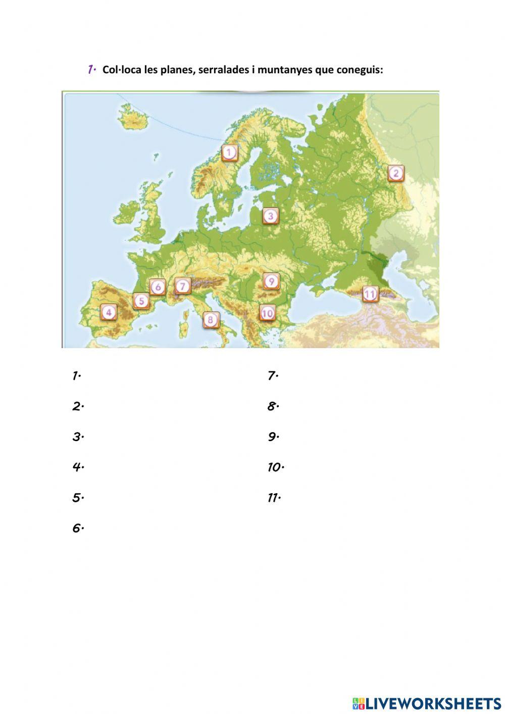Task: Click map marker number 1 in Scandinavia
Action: coord(230,152)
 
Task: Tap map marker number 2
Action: coord(396,173)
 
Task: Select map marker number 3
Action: coord(271,216)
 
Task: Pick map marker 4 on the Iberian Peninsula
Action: coord(109,312)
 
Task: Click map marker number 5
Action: coord(141,301)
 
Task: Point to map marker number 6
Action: coord(158,287)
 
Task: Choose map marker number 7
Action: coord(183,286)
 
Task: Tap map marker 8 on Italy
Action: coord(211,319)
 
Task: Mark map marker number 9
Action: coord(271,281)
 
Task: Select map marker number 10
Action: coord(267,313)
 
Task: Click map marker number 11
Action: coord(370,294)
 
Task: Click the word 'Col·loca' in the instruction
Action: coord(122,70)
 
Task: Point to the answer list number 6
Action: coord(77,528)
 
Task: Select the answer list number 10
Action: coord(275,467)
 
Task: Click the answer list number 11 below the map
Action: coord(274,498)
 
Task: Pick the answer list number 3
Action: coord(77,437)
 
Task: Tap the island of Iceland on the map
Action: coord(133,118)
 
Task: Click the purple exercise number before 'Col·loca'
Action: coord(91,69)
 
